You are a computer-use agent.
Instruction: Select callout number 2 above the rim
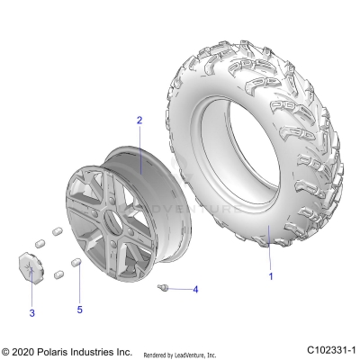[x=139, y=120]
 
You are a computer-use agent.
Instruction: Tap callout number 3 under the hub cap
[x=32, y=312]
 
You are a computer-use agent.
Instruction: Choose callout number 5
[x=78, y=310]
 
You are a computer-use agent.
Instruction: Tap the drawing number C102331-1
[x=331, y=350]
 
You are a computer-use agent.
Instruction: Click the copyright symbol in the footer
[x=6, y=350]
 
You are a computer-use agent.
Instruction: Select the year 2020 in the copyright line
[x=27, y=350]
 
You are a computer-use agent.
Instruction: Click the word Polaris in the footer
[x=60, y=350]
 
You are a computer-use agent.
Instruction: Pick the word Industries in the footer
[x=103, y=350]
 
